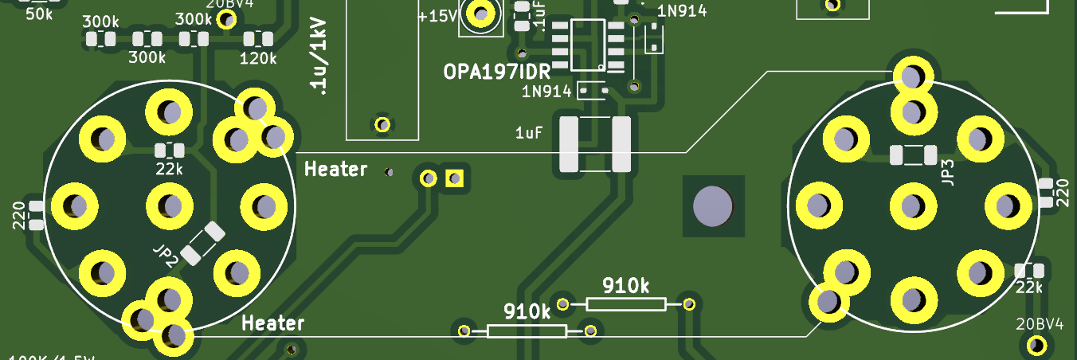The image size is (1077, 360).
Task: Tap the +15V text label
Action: click(x=436, y=15)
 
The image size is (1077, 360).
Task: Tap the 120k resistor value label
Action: click(x=258, y=58)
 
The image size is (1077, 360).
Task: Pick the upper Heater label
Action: click(x=336, y=169)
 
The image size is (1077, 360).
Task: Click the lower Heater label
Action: click(x=273, y=323)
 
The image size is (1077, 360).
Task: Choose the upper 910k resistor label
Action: click(x=625, y=285)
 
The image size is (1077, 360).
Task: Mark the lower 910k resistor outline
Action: click(x=527, y=331)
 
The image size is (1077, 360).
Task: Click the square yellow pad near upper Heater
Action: click(x=455, y=178)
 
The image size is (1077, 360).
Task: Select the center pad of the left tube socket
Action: click(x=169, y=205)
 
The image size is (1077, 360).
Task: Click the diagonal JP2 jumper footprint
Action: click(x=202, y=243)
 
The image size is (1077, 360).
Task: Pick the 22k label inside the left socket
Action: click(x=169, y=169)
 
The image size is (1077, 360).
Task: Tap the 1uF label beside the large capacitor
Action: click(x=530, y=132)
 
